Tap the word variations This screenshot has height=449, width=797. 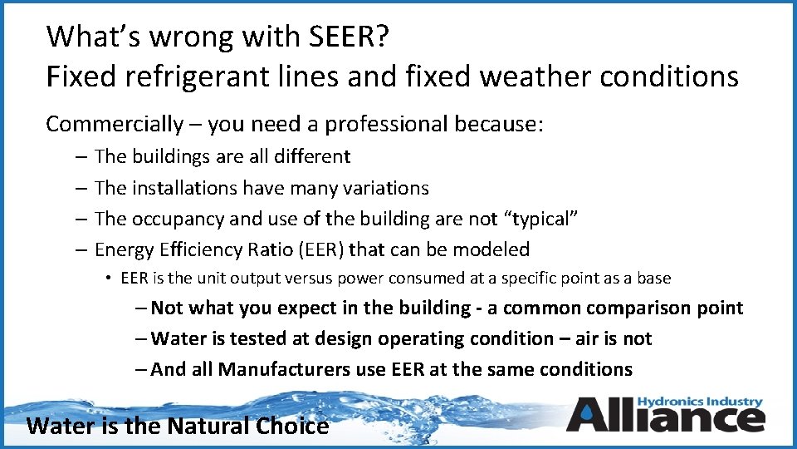(x=383, y=188)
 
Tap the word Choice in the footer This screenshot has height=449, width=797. (x=295, y=427)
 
